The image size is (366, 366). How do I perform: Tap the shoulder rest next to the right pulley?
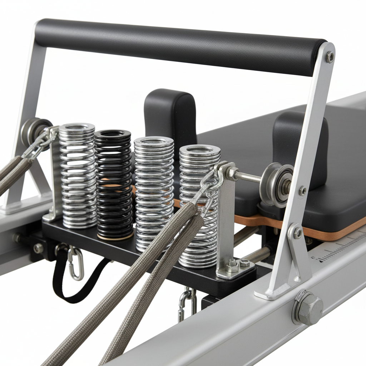(x=300, y=143)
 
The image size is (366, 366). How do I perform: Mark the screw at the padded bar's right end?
(x=330, y=57)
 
